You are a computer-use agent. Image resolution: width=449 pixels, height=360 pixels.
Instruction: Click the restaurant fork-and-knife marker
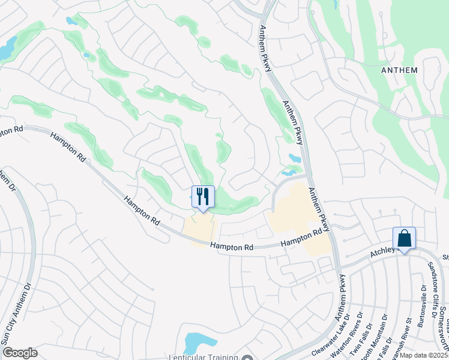coord(203,196)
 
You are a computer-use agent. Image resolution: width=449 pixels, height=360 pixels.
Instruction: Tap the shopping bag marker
coord(404,238)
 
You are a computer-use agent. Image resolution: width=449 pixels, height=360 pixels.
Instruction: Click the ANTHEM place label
coord(399,70)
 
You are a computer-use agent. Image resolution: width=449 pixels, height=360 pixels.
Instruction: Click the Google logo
coord(20,353)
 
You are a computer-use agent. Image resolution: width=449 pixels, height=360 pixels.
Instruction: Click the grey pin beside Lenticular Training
coord(248,357)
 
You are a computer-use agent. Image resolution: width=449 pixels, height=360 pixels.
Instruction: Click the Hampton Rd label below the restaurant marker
coord(232,247)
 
